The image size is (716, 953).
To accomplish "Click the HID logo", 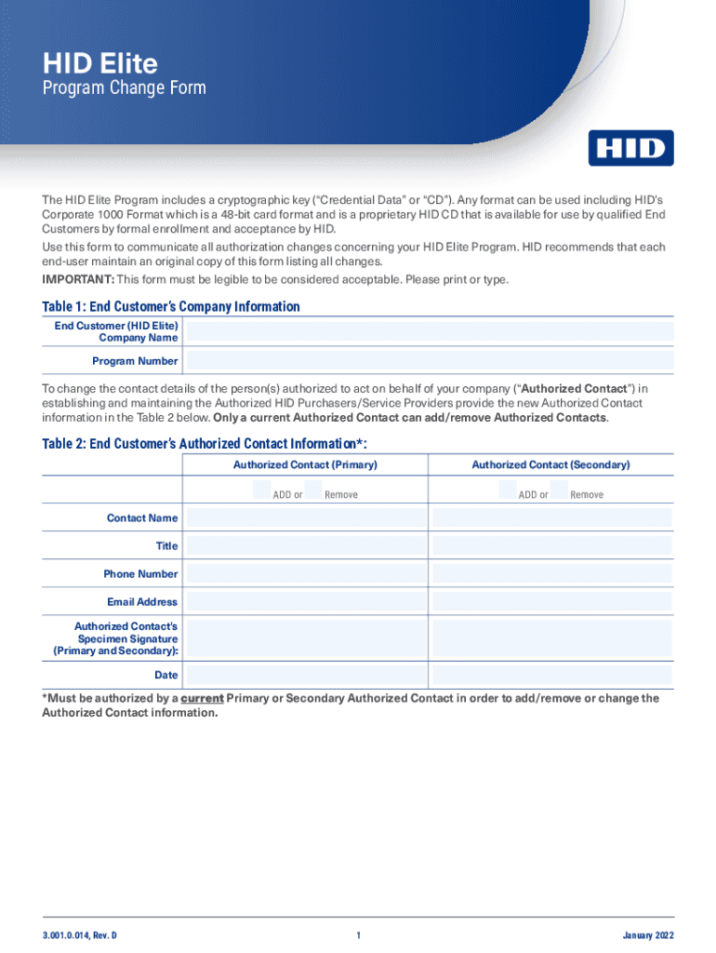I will [630, 148].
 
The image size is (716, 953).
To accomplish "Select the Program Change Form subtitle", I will [125, 89].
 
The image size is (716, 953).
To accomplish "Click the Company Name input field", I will [430, 331].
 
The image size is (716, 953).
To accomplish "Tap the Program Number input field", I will [430, 361].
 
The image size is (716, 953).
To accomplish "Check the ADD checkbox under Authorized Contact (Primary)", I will [262, 490].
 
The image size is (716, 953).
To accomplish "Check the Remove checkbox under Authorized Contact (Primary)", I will [313, 490].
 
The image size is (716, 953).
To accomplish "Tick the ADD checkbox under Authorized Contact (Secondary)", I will [508, 490].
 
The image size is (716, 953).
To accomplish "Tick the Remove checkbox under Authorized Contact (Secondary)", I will [560, 490].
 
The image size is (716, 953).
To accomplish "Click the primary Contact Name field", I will [304, 517].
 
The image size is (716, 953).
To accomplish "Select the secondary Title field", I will [551, 545].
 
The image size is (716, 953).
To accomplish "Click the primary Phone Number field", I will [304, 573].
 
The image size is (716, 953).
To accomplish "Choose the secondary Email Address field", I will [551, 601].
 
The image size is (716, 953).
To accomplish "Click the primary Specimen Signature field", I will [304, 638].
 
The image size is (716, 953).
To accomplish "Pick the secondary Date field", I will [551, 676].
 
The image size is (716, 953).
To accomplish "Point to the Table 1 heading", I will [171, 306].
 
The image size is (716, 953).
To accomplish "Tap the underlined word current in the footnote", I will [202, 698].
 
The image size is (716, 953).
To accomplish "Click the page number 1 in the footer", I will [358, 935].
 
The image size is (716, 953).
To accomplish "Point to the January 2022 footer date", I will [648, 935].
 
